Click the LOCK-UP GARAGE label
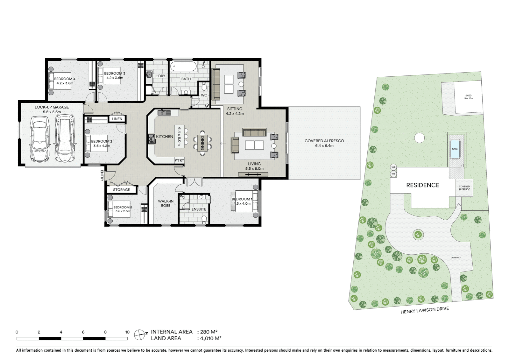coord(52,107)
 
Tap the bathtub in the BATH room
coord(183,67)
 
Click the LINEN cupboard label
coord(117,119)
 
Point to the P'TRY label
coord(179,160)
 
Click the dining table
coord(202,143)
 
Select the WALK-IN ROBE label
coord(166,203)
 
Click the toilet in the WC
coord(204,87)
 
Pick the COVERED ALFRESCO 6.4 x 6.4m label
coord(324,143)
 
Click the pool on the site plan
coord(455,147)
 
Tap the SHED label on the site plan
coord(468,97)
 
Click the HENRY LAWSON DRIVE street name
coord(424,310)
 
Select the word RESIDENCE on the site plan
coord(422,185)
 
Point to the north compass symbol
coord(139,334)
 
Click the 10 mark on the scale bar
coord(127,332)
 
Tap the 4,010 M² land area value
coord(211,338)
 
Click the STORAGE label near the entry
coord(121,190)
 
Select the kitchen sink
coord(164,113)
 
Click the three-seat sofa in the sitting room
coord(216,84)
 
